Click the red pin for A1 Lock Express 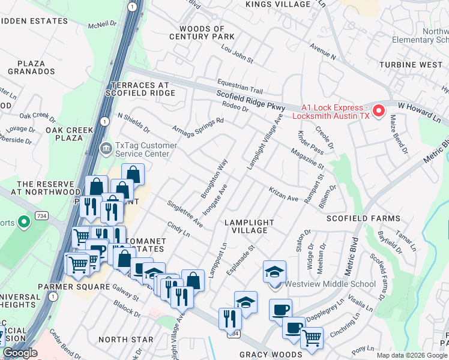pos(379,110)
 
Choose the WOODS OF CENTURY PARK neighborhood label pos(202,33)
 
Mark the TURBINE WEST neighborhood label pos(411,64)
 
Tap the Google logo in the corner pos(20,353)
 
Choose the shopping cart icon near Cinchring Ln pos(312,338)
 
